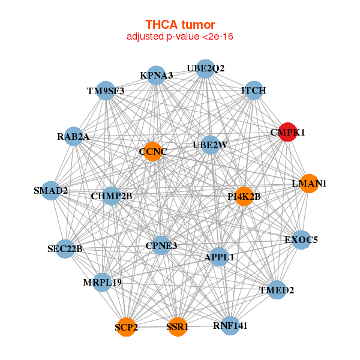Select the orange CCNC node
click(152, 151)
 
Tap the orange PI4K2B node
click(244, 196)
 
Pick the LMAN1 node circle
click(308, 184)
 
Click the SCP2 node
click(126, 327)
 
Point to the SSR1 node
click(177, 327)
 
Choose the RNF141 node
click(230, 326)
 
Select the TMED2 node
click(277, 290)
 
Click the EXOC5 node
click(301, 240)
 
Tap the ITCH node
click(253, 91)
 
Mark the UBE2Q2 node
click(205, 68)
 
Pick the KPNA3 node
click(156, 76)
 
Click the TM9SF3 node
click(106, 91)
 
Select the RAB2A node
click(73, 136)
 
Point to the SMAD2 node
click(51, 191)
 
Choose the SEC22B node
click(65, 248)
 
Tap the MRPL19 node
click(101, 282)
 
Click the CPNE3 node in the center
click(161, 245)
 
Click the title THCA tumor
click(180, 25)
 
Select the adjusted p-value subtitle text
click(180, 37)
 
